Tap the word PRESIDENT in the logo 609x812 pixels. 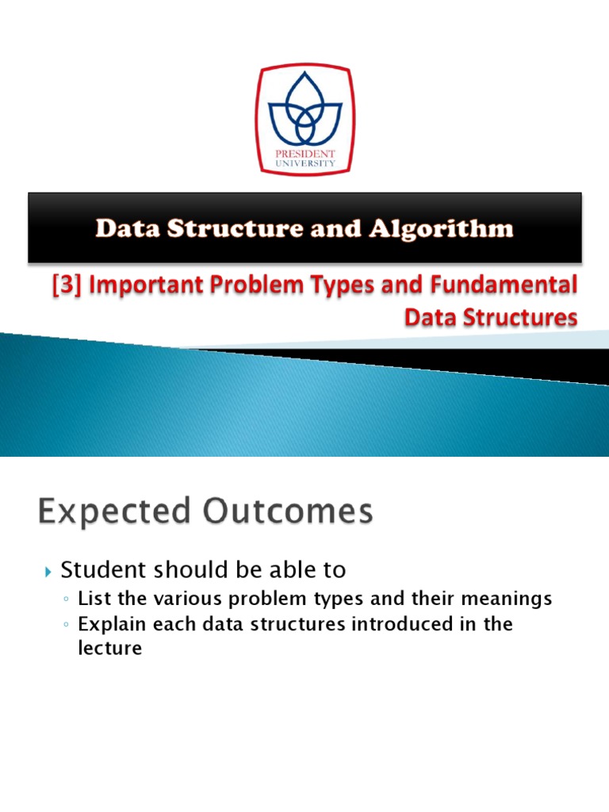pyautogui.click(x=304, y=155)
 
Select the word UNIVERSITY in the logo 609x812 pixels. pyautogui.click(x=304, y=164)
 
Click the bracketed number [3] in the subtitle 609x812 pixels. pyautogui.click(x=62, y=285)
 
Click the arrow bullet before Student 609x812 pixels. pyautogui.click(x=48, y=571)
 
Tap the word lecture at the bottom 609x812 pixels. pyautogui.click(x=109, y=648)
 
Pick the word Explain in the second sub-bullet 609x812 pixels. pyautogui.click(x=109, y=625)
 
